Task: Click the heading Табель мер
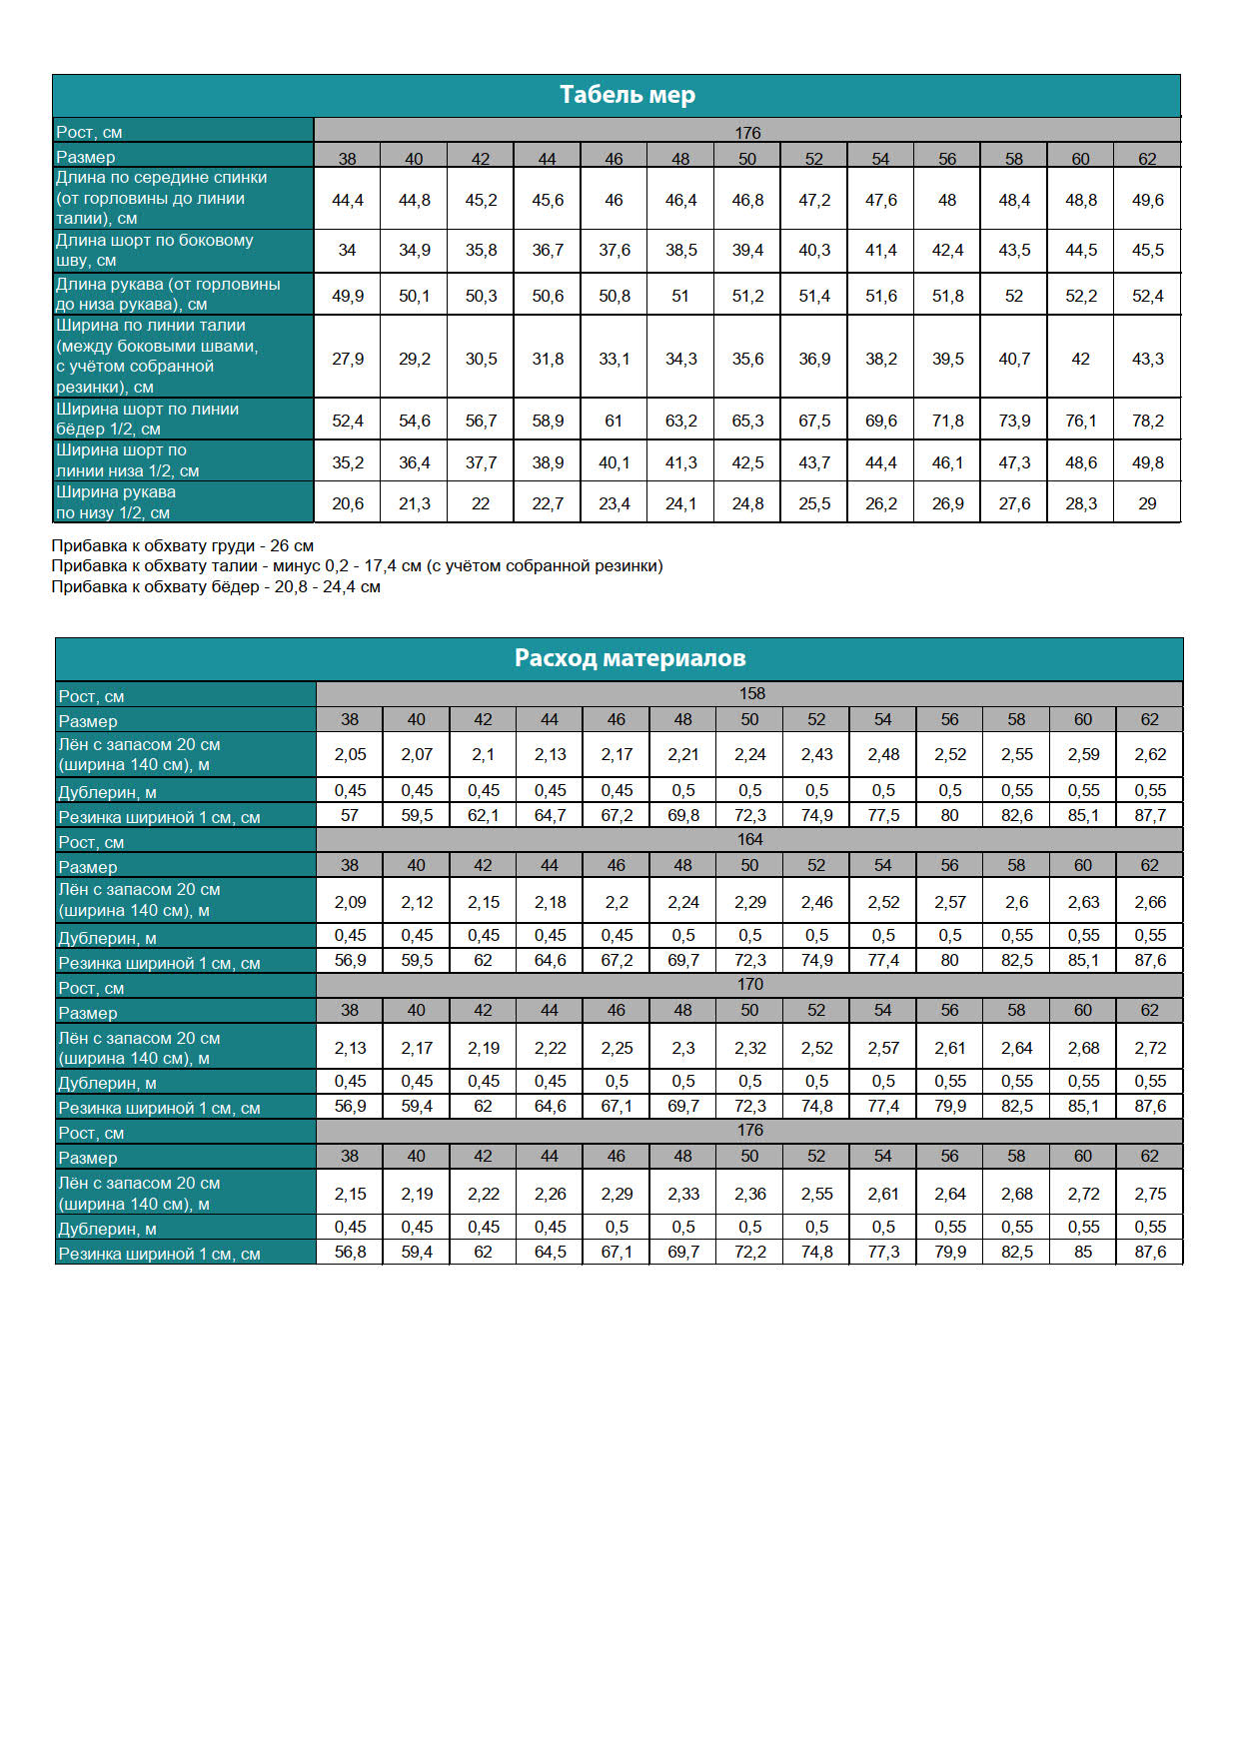626,95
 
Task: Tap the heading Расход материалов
629,658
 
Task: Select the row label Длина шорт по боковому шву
155,250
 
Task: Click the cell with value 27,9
348,359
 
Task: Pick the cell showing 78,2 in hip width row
1147,421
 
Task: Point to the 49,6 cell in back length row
1147,200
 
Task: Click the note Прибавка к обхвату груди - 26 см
183,545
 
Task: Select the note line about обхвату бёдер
216,586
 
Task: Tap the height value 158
751,693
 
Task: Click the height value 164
749,839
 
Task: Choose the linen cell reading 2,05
350,754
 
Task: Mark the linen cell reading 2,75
1150,1194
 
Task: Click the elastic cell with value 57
350,815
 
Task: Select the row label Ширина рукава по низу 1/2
116,502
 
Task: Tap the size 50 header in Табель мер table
747,158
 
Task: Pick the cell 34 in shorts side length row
347,250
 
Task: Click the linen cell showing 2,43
816,754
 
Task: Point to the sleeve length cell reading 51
680,296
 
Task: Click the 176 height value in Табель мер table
747,133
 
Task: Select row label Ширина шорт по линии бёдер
147,419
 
